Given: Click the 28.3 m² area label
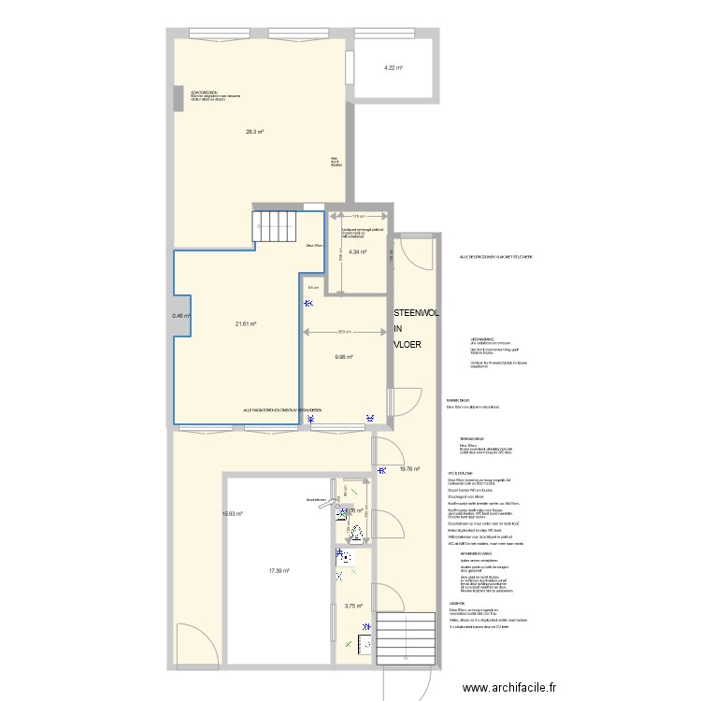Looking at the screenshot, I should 254,132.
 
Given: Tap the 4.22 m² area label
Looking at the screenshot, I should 393,67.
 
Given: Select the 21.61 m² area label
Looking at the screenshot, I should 246,324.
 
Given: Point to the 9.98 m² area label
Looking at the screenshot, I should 344,356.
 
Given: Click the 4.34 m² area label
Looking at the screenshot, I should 357,251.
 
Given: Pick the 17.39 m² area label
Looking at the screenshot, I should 279,571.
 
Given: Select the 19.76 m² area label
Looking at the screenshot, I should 409,469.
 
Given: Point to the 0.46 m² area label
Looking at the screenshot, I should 181,316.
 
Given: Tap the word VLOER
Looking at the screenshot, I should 407,345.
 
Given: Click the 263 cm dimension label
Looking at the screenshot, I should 344,332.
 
